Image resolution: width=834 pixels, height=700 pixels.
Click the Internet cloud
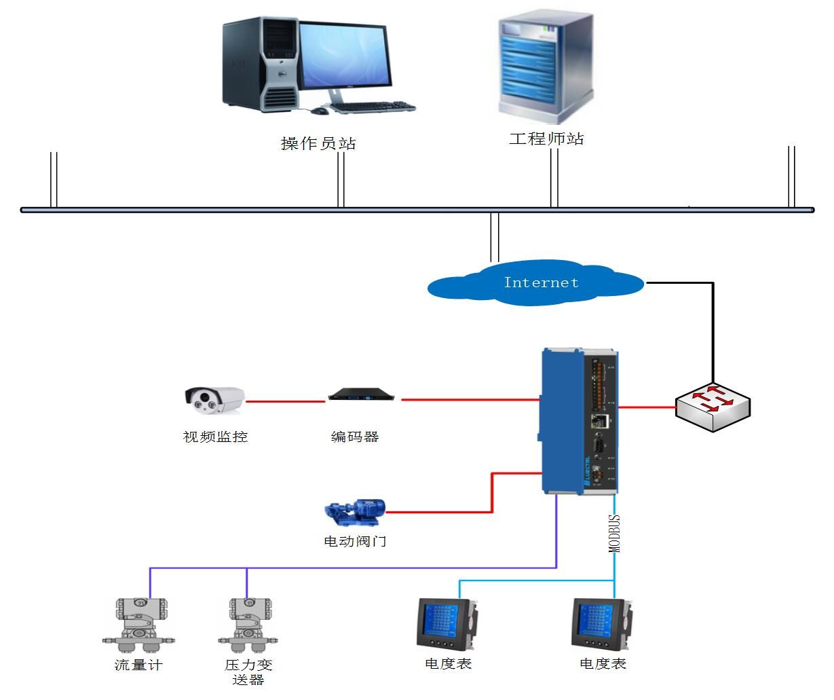point(536,283)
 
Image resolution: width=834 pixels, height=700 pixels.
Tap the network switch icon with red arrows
point(713,407)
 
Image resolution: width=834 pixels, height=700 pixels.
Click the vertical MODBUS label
point(614,534)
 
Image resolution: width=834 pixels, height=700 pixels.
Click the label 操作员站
point(318,143)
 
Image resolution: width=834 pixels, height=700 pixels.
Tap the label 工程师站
point(546,139)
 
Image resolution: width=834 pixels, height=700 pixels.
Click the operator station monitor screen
point(344,56)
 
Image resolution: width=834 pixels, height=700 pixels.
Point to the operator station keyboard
point(373,107)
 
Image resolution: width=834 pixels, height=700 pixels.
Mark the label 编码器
point(355,437)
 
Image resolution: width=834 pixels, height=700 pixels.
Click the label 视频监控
point(216,437)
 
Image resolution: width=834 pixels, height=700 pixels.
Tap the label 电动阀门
point(355,541)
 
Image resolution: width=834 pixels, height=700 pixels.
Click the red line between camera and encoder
point(285,401)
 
